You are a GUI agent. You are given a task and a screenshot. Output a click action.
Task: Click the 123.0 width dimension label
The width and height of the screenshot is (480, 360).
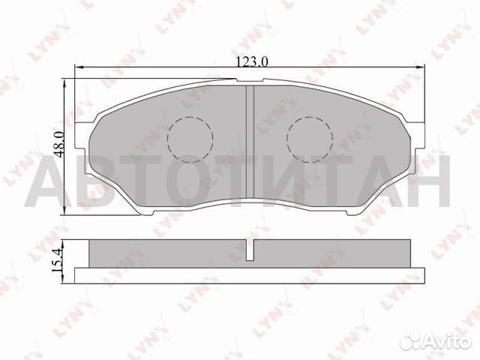(x=252, y=62)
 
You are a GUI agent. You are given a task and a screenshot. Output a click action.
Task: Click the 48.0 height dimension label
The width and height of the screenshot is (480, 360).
(x=58, y=144)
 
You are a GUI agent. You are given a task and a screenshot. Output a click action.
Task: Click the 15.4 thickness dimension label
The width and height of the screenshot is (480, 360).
(x=57, y=260)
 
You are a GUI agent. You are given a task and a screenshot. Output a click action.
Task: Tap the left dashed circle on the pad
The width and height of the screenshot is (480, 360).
(x=190, y=139)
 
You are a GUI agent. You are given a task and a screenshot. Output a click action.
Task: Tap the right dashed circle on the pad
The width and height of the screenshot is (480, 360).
(x=310, y=139)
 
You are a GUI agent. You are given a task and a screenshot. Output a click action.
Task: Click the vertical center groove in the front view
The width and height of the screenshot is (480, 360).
(x=250, y=142)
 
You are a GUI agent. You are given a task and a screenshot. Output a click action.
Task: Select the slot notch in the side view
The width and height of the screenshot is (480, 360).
(x=250, y=250)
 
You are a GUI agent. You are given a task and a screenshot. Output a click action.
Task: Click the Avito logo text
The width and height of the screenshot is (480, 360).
(x=448, y=339)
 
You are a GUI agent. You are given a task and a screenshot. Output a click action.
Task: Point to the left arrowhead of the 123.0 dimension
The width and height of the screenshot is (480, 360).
(x=79, y=67)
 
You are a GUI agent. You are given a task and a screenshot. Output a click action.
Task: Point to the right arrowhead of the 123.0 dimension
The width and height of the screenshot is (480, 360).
(x=421, y=67)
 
